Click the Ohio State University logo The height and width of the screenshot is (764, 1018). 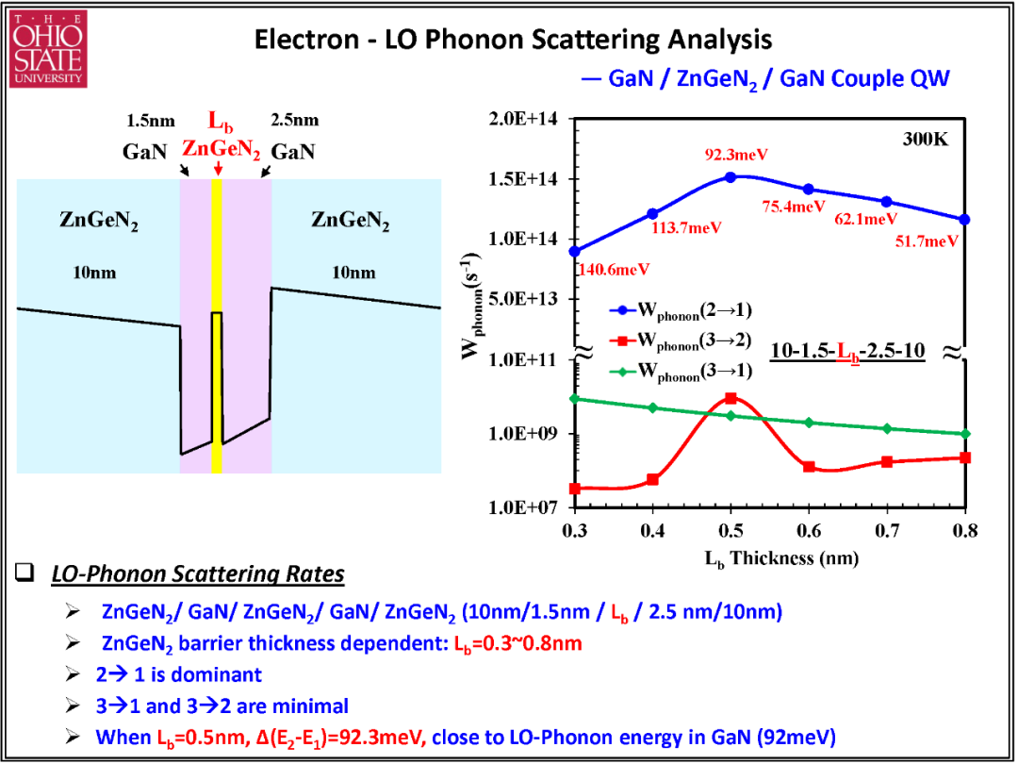click(x=47, y=50)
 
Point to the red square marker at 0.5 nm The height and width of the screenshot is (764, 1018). click(x=731, y=398)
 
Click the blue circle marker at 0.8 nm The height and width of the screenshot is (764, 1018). click(x=965, y=220)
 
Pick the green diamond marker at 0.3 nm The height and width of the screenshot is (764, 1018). click(x=575, y=398)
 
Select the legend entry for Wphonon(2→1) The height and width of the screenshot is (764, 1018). click(x=681, y=312)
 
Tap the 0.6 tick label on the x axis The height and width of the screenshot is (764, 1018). click(x=809, y=528)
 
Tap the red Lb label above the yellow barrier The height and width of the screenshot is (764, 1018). click(x=218, y=122)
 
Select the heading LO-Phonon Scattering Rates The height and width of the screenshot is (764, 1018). click(x=198, y=575)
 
